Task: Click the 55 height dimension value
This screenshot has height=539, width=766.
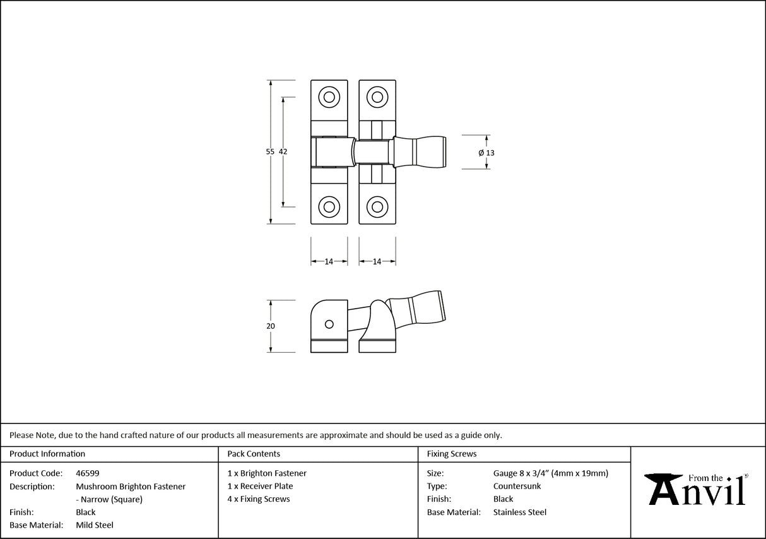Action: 270,151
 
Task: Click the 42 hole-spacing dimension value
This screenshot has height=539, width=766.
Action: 283,151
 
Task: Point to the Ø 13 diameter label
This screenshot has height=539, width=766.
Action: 486,153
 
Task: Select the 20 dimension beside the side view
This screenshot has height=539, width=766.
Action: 271,326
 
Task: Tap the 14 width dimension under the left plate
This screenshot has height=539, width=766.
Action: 329,262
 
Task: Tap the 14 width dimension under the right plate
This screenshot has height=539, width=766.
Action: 377,262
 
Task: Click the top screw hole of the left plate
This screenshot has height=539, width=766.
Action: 328,97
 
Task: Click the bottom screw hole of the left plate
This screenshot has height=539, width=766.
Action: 328,206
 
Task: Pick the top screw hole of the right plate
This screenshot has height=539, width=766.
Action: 377,97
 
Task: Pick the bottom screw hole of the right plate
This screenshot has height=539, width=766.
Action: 377,206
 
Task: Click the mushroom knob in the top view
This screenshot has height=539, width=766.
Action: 421,152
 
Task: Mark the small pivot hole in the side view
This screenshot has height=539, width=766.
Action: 328,324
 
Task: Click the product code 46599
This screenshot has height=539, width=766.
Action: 87,473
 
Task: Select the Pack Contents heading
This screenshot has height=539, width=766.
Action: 254,454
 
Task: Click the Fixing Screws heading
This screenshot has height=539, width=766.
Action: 452,454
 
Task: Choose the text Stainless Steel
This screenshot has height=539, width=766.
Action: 520,512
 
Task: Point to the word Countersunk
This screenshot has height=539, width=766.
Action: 517,486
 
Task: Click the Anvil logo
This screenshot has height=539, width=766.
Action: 697,489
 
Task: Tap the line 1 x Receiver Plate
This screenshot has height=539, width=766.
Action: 260,486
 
